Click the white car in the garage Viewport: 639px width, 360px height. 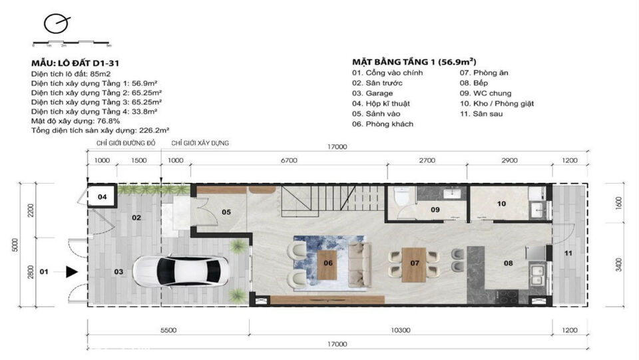coord(180,271)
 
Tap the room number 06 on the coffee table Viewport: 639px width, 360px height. coord(328,263)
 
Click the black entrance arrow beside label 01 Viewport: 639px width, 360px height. coord(72,271)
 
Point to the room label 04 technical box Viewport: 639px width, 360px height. coord(102,197)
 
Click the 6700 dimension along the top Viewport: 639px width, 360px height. coord(289,160)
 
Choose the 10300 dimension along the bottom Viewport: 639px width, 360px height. coord(401,329)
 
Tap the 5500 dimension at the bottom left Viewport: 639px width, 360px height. coord(168,329)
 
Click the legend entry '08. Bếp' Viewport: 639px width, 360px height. coord(474,83)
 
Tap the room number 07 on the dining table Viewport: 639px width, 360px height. coord(415,263)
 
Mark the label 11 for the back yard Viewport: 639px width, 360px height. coord(568,253)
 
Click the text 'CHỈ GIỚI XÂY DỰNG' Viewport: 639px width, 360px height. coord(200,143)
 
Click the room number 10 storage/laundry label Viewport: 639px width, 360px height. coord(501,203)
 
